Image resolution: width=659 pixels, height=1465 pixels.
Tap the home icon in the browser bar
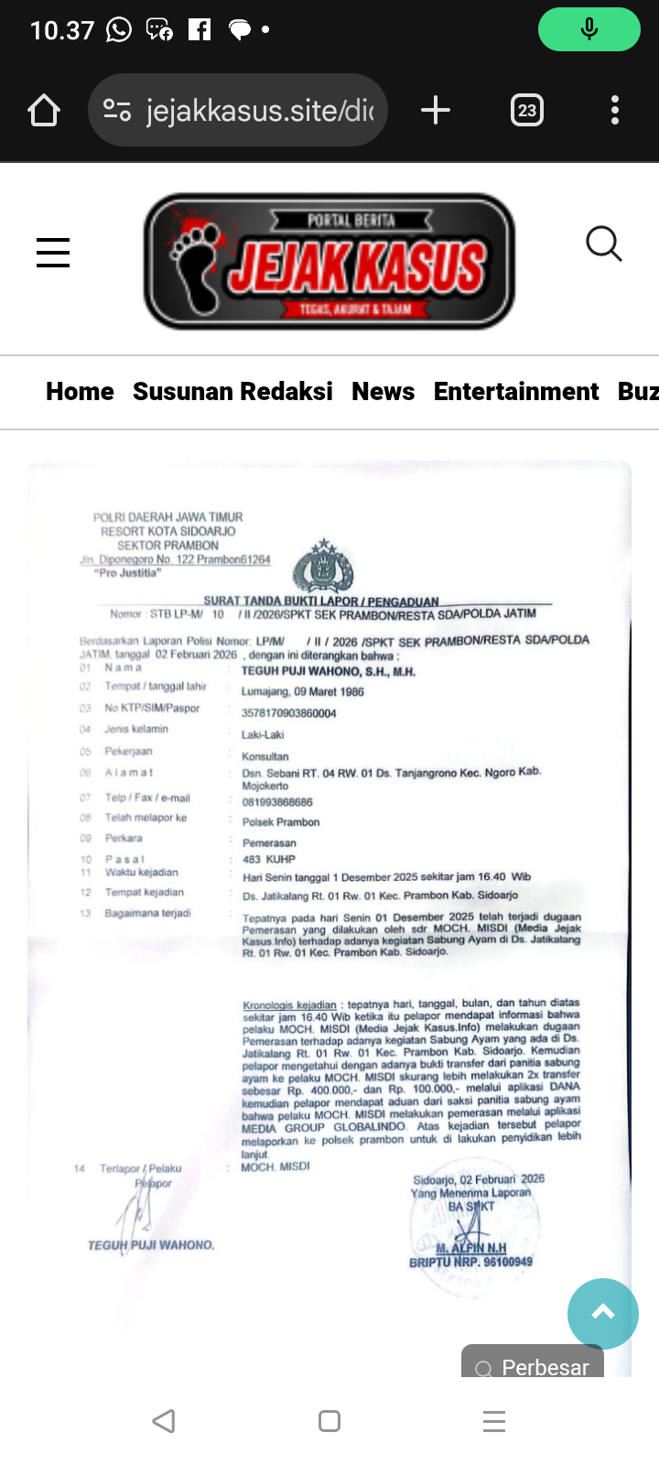(x=44, y=111)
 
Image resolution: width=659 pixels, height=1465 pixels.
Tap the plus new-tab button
(x=436, y=111)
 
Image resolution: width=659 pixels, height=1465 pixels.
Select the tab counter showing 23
(x=526, y=111)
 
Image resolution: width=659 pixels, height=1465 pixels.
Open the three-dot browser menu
(x=615, y=111)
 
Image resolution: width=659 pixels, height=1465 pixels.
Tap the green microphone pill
(x=589, y=29)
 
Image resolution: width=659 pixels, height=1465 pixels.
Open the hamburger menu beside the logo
(x=53, y=252)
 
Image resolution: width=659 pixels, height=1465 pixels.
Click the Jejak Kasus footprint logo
(x=329, y=261)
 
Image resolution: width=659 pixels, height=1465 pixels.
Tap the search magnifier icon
(x=603, y=244)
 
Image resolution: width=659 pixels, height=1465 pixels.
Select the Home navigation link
(x=80, y=392)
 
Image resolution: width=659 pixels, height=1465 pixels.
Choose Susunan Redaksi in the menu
(x=232, y=392)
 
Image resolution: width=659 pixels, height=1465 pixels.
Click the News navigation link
(x=383, y=392)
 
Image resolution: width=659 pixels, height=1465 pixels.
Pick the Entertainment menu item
(x=516, y=392)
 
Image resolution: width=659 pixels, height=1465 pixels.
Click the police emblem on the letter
(x=323, y=567)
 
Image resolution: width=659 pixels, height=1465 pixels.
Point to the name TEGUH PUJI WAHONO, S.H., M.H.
(x=328, y=672)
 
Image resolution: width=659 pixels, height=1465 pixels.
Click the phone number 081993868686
(x=277, y=802)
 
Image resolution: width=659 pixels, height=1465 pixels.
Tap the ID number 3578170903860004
(x=289, y=713)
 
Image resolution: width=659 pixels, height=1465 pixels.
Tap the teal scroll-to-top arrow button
(x=602, y=1313)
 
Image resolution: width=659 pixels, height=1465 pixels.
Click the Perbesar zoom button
(x=533, y=1363)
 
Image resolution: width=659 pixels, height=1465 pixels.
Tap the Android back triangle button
(x=164, y=1421)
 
